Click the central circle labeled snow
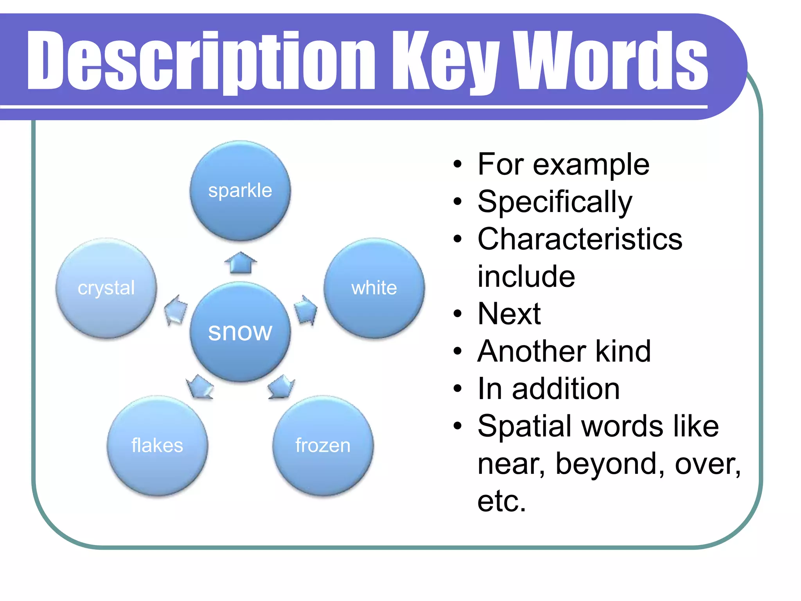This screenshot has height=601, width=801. tap(240, 331)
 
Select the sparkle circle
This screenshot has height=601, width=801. tap(240, 191)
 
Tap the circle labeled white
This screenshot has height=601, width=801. tap(374, 288)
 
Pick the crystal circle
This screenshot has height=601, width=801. tap(106, 288)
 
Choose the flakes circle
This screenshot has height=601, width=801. tap(157, 446)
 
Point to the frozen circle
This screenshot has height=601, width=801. tap(323, 446)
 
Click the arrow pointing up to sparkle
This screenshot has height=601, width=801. tap(241, 263)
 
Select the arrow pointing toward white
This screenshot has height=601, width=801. tap(305, 310)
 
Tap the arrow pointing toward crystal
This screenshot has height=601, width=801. tap(176, 310)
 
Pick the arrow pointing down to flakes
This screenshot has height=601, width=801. tap(199, 387)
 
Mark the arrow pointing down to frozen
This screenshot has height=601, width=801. tap(281, 387)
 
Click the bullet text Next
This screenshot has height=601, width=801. tap(509, 314)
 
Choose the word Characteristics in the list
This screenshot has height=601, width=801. tap(580, 239)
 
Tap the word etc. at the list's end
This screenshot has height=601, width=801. tap(502, 501)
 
